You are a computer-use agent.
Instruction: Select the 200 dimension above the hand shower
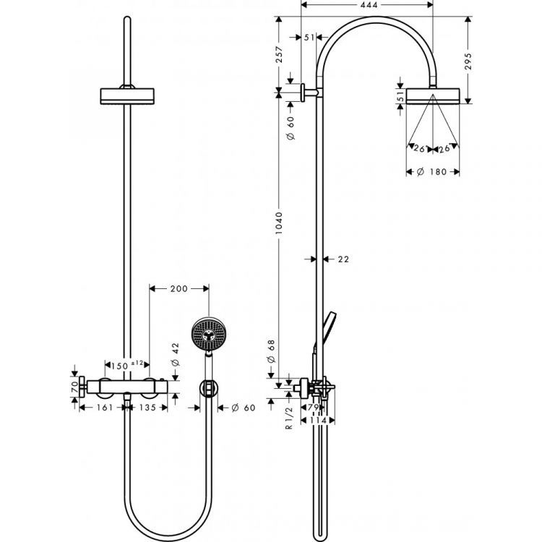pos(178,288)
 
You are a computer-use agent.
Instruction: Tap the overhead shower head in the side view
pos(432,95)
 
